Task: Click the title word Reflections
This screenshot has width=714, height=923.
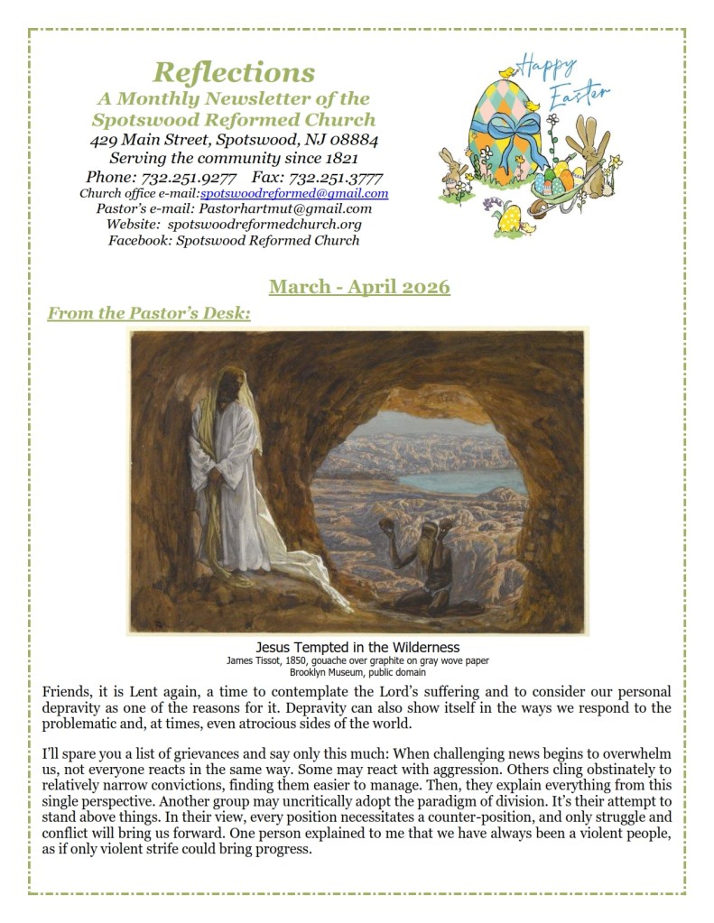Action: (x=234, y=71)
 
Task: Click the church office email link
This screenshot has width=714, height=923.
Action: (x=294, y=193)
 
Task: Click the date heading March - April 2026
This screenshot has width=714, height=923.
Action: (x=358, y=287)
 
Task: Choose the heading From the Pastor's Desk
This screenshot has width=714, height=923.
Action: (x=148, y=313)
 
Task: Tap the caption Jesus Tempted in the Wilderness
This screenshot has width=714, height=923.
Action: (x=357, y=648)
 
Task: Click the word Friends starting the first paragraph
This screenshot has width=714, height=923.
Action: (x=66, y=692)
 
